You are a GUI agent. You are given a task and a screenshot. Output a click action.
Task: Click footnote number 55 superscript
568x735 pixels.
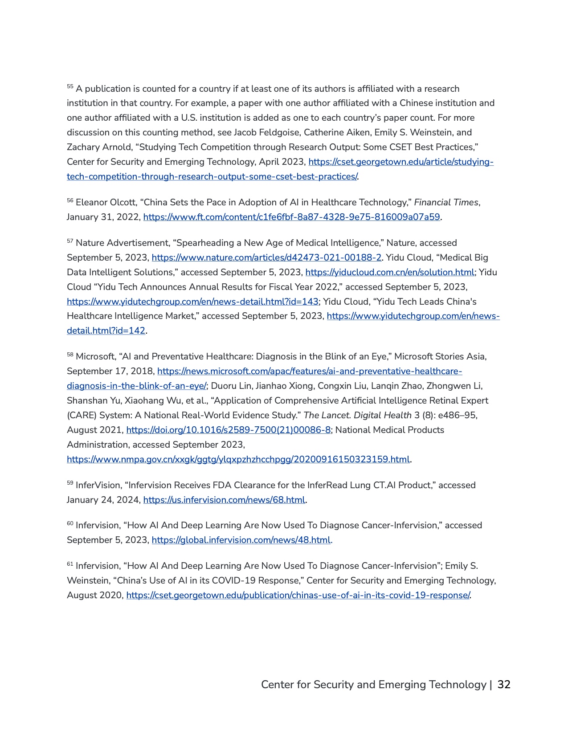(70, 86)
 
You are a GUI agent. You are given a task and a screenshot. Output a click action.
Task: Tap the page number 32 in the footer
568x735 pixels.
(504, 685)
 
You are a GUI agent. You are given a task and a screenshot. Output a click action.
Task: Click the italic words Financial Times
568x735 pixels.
(446, 203)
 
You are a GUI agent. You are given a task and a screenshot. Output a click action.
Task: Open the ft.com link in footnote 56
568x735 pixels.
(291, 217)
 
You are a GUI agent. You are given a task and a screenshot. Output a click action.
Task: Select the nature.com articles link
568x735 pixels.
(266, 258)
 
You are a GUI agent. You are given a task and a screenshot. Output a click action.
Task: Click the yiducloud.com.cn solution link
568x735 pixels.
(390, 273)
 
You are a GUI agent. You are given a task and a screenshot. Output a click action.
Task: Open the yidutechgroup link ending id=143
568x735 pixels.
(192, 302)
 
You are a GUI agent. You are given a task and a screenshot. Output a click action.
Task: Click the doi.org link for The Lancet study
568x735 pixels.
(229, 430)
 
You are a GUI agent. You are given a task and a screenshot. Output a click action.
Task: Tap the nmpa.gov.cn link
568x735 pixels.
(238, 460)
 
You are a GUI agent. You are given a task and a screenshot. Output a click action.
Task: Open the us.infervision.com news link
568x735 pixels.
(224, 500)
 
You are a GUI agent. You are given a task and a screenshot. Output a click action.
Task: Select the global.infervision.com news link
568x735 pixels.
(241, 540)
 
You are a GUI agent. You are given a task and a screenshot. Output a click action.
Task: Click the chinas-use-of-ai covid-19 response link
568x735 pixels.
(298, 596)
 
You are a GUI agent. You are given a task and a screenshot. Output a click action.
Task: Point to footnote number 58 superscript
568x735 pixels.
(70, 355)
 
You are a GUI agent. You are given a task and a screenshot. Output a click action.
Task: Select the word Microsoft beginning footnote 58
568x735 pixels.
(95, 357)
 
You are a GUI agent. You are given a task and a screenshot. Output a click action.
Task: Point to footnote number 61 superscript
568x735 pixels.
(70, 564)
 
